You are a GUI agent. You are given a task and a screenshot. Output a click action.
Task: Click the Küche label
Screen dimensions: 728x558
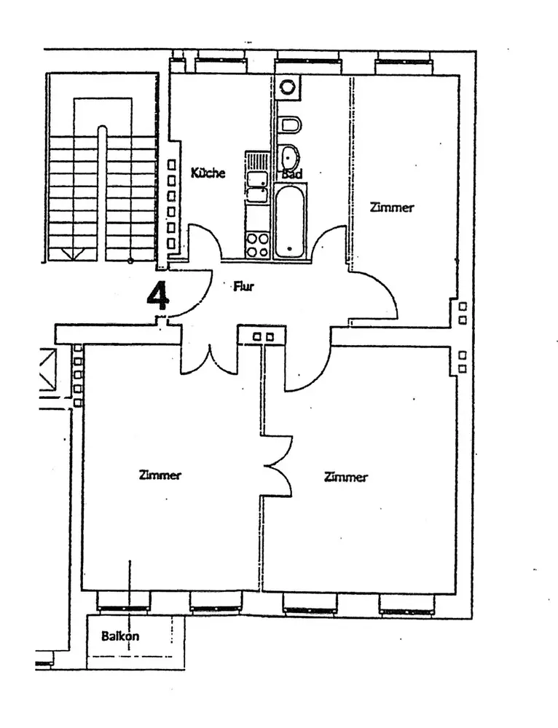(208, 173)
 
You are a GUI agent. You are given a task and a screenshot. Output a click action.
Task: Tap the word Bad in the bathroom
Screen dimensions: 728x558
(291, 175)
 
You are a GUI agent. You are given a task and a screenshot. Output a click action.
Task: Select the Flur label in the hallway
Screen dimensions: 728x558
(243, 287)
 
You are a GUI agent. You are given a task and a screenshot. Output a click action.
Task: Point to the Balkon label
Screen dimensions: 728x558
(120, 636)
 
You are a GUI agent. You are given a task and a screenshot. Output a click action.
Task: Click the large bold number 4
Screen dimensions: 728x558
(158, 295)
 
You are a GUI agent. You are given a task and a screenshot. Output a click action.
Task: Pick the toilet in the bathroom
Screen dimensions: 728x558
(290, 125)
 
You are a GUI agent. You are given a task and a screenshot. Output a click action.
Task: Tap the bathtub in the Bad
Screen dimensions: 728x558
(290, 221)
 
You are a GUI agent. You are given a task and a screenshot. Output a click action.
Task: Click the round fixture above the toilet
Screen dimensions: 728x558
(288, 87)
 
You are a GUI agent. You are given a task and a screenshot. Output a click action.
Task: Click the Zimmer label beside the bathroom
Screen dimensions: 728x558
(391, 207)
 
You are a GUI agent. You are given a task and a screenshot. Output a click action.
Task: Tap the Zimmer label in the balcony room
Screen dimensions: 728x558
(160, 475)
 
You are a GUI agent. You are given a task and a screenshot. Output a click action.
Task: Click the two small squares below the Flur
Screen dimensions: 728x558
(263, 337)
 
